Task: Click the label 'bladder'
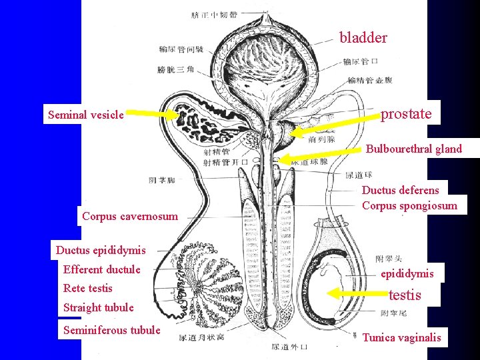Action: pos(363,37)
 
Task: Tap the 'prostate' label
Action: pos(406,114)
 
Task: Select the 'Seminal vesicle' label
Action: pos(86,115)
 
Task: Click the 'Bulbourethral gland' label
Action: pos(413,149)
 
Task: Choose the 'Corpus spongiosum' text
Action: pos(409,205)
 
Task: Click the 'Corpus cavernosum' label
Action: pos(130,216)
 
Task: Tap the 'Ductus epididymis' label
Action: pos(101,251)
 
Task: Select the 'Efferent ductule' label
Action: pos(102,269)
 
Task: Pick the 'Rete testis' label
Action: pos(87,288)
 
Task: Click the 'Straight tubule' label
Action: pos(98,307)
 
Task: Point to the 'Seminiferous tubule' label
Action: pos(111,330)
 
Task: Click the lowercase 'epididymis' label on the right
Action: pos(407,273)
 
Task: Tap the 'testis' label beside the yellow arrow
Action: pos(405,294)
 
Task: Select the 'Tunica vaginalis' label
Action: pos(401,337)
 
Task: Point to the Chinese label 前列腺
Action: pos(321,139)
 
